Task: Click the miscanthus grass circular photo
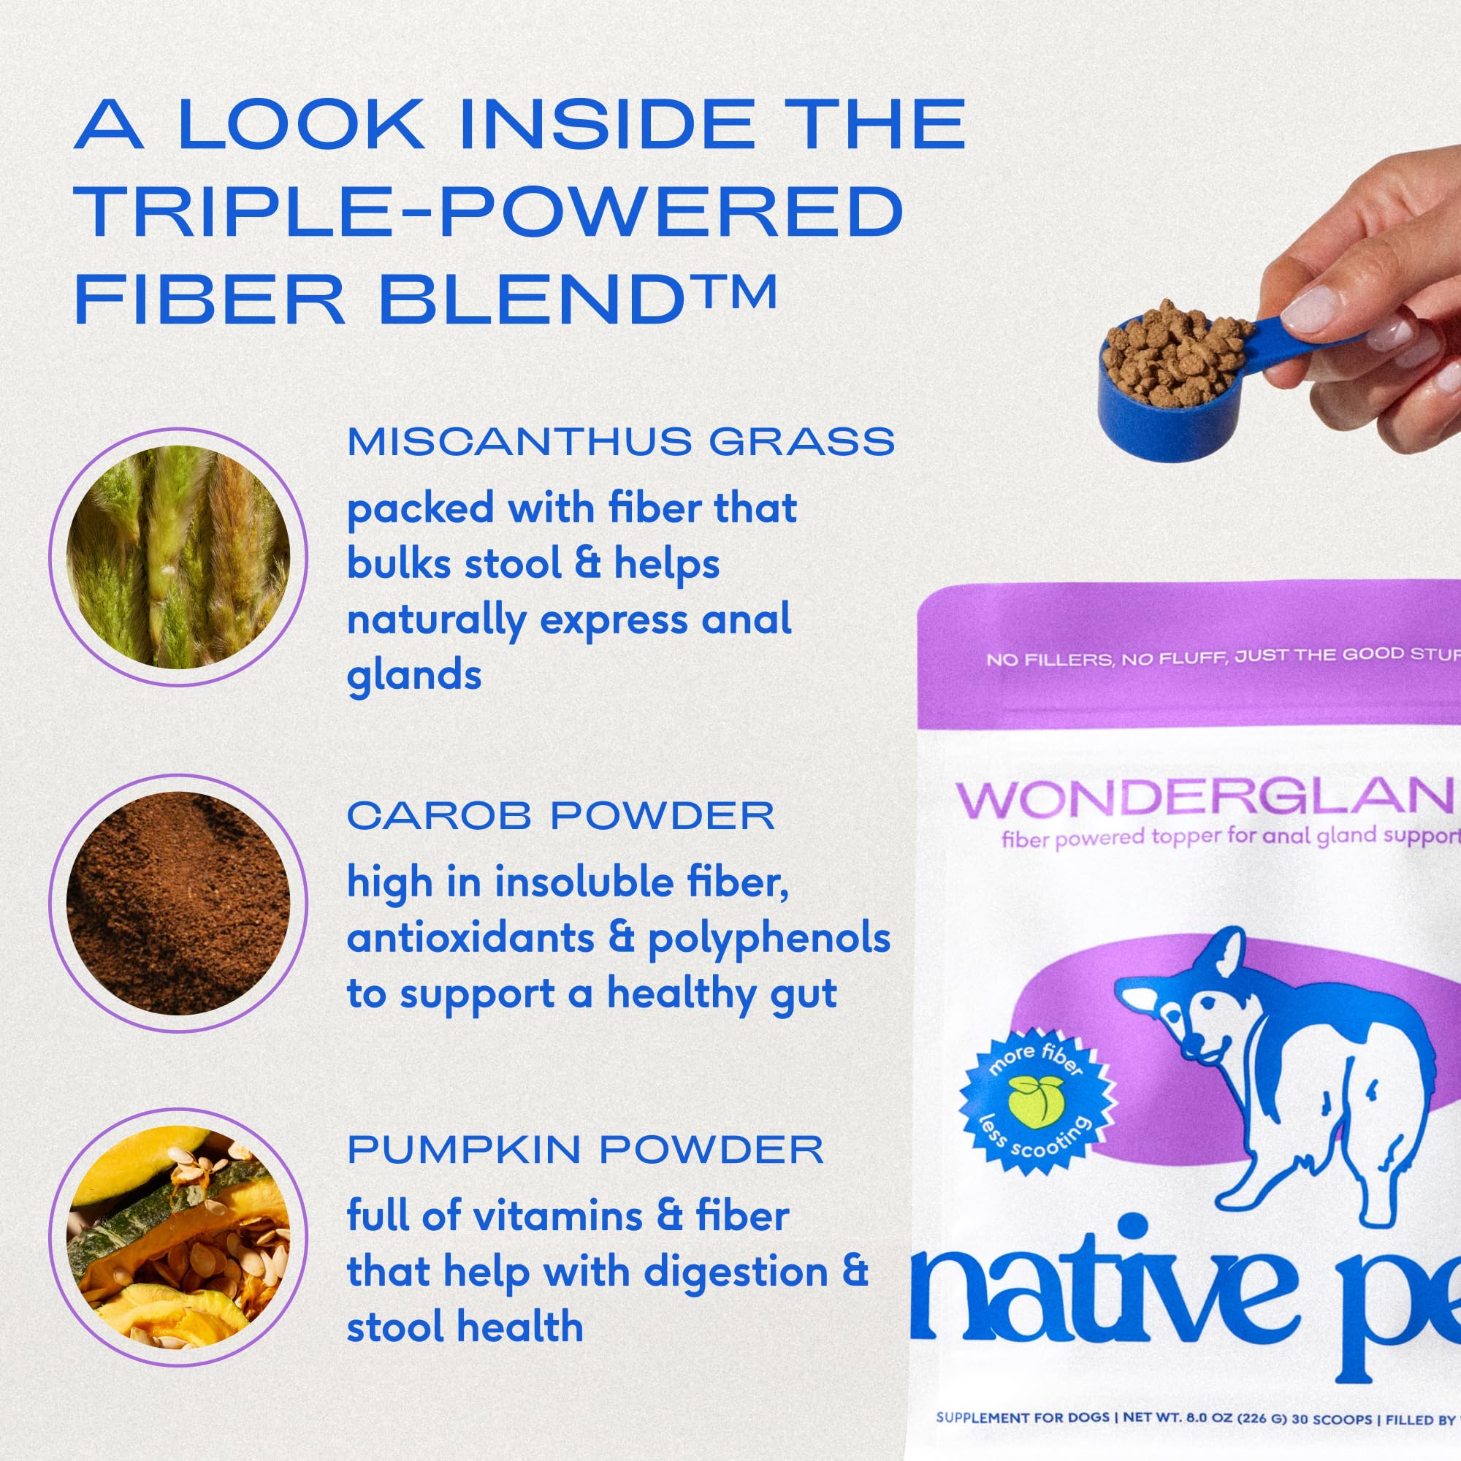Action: [178, 557]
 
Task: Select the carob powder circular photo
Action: [178, 903]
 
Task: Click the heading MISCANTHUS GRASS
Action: [621, 442]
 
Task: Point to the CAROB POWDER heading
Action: [560, 816]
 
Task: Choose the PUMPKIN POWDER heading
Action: [584, 1151]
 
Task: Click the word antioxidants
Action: [470, 938]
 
